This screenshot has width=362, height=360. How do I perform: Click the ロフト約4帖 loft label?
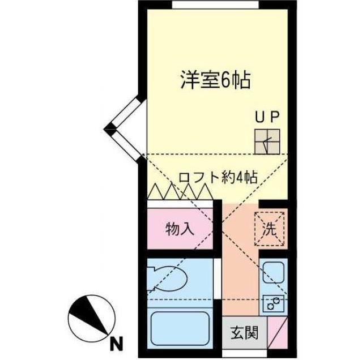point(218,177)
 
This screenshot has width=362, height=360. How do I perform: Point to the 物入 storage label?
point(180,229)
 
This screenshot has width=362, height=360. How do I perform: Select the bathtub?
point(180,329)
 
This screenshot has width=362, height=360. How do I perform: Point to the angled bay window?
point(125,129)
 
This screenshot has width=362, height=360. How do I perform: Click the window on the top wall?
point(212,5)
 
